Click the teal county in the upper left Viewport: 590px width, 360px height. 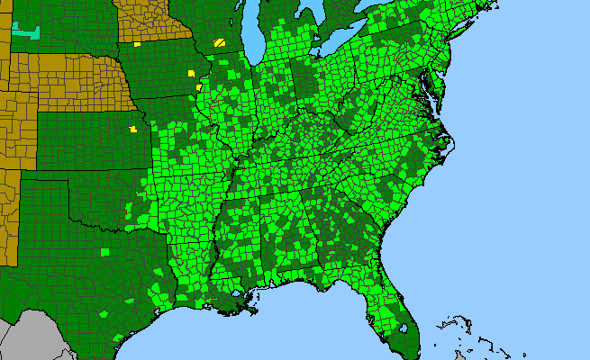26,32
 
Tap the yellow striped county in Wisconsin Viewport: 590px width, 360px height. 220,42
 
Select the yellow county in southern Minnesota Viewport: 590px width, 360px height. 137,43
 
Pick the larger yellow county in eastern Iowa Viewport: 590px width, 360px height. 191,73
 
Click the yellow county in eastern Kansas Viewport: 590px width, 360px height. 133,129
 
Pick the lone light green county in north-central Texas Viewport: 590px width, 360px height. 104,251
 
